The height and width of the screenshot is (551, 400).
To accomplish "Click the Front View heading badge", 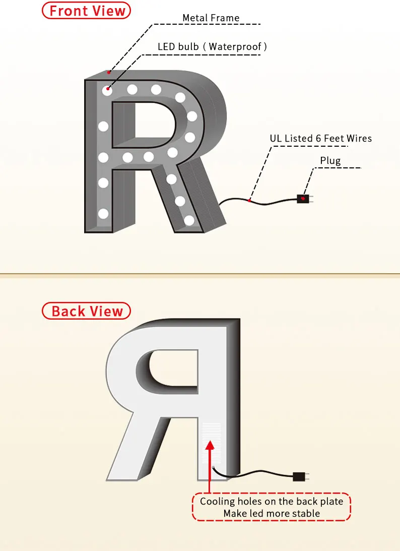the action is [x=87, y=11].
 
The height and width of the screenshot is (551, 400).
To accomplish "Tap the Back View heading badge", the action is [x=87, y=311].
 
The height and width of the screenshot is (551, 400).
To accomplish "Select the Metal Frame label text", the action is [x=211, y=18].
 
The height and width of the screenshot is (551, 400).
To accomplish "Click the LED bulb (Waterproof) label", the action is [x=212, y=47].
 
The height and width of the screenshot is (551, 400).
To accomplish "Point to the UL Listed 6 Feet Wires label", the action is [x=320, y=138].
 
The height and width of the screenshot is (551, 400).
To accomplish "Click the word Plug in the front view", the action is [x=330, y=161].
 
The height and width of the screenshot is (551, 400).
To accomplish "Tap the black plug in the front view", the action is [x=303, y=199].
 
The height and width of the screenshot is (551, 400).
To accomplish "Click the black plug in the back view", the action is [x=300, y=476].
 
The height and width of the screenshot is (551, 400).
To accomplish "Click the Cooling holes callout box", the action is [x=272, y=507].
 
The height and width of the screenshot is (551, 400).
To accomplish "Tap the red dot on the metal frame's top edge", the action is [x=108, y=72].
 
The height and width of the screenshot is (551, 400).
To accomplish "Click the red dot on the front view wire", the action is [x=249, y=200].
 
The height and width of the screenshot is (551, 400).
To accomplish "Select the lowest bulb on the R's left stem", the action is [x=103, y=213].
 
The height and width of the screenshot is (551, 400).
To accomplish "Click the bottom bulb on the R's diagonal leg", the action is [x=189, y=220].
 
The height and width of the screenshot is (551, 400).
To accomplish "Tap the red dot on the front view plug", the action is [x=303, y=198].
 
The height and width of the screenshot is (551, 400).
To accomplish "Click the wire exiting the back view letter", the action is [x=252, y=474].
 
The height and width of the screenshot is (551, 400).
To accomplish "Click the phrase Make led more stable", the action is [x=272, y=514].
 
